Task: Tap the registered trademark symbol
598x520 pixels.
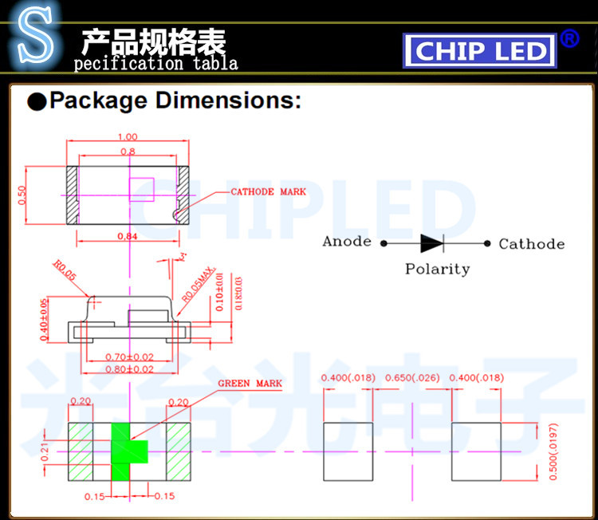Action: pos(569,38)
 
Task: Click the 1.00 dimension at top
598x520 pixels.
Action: pos(127,136)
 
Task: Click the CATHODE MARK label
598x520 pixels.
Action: pos(268,192)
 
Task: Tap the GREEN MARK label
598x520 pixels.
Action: pos(250,384)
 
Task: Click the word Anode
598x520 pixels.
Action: pos(347,242)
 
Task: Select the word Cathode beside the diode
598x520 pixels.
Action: pos(531,244)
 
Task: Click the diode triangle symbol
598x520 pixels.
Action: pos(432,242)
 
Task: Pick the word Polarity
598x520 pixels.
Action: pos(437,269)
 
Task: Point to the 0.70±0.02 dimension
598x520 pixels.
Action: pos(130,357)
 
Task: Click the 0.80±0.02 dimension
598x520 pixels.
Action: pos(130,369)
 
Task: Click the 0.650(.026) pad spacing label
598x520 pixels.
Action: pos(412,377)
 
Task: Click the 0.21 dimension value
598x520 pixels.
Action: pos(45,451)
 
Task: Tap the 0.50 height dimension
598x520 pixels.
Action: pos(22,194)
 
